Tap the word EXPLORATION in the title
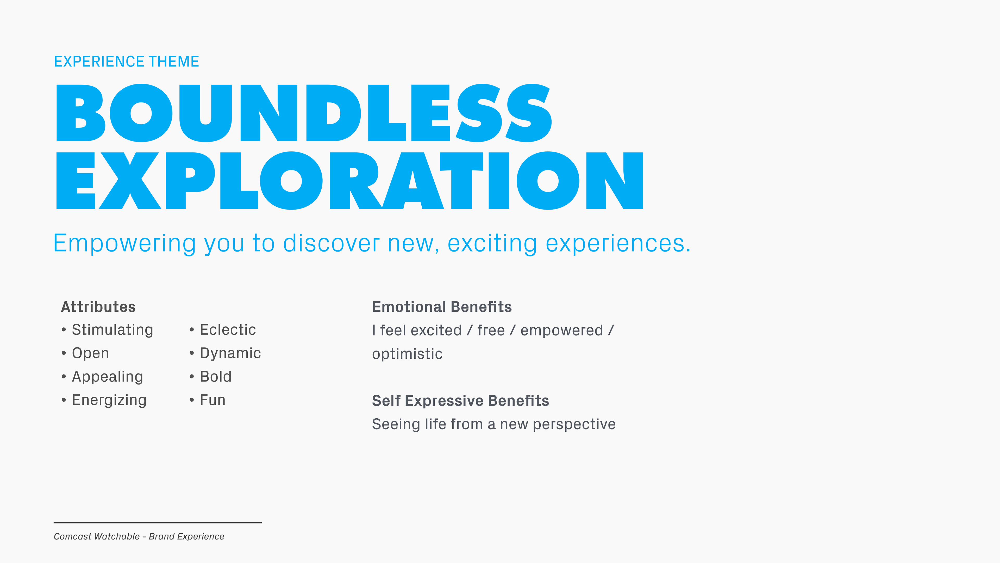coord(350,181)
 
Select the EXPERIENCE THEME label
coord(127,62)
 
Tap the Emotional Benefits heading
coord(442,307)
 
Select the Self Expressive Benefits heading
coord(460,401)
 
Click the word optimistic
coord(407,354)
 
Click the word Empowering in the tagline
coord(125,244)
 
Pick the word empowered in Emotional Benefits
coord(562,331)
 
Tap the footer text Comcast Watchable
coord(97,537)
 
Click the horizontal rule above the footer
coord(158,523)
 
